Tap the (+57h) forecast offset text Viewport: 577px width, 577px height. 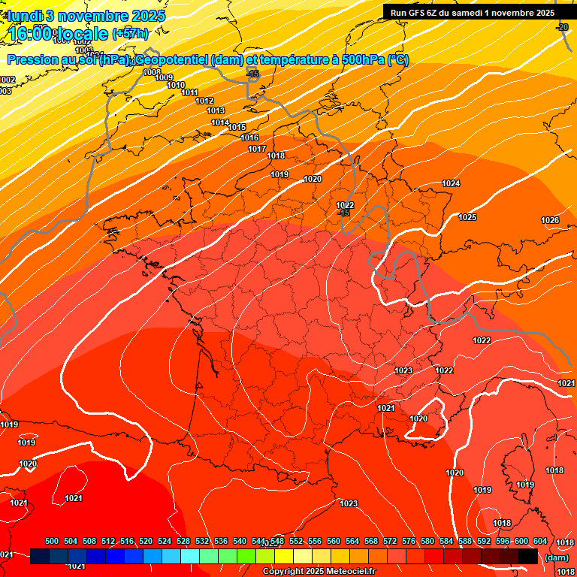[130, 34]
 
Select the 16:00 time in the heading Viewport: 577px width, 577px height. [31, 34]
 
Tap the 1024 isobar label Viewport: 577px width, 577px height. [451, 184]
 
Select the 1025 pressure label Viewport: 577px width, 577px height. [467, 218]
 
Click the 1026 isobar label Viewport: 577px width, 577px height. [550, 220]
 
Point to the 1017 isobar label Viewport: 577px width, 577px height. [257, 149]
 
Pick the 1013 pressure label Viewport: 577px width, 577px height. [215, 111]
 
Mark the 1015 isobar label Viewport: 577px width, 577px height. [237, 128]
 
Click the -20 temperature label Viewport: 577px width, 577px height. [562, 28]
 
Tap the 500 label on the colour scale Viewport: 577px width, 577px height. [52, 542]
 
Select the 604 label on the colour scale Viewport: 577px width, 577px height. [540, 542]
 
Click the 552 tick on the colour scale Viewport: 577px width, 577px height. [296, 542]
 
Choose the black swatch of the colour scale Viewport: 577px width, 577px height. [527, 557]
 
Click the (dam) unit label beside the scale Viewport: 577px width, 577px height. [556, 557]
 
